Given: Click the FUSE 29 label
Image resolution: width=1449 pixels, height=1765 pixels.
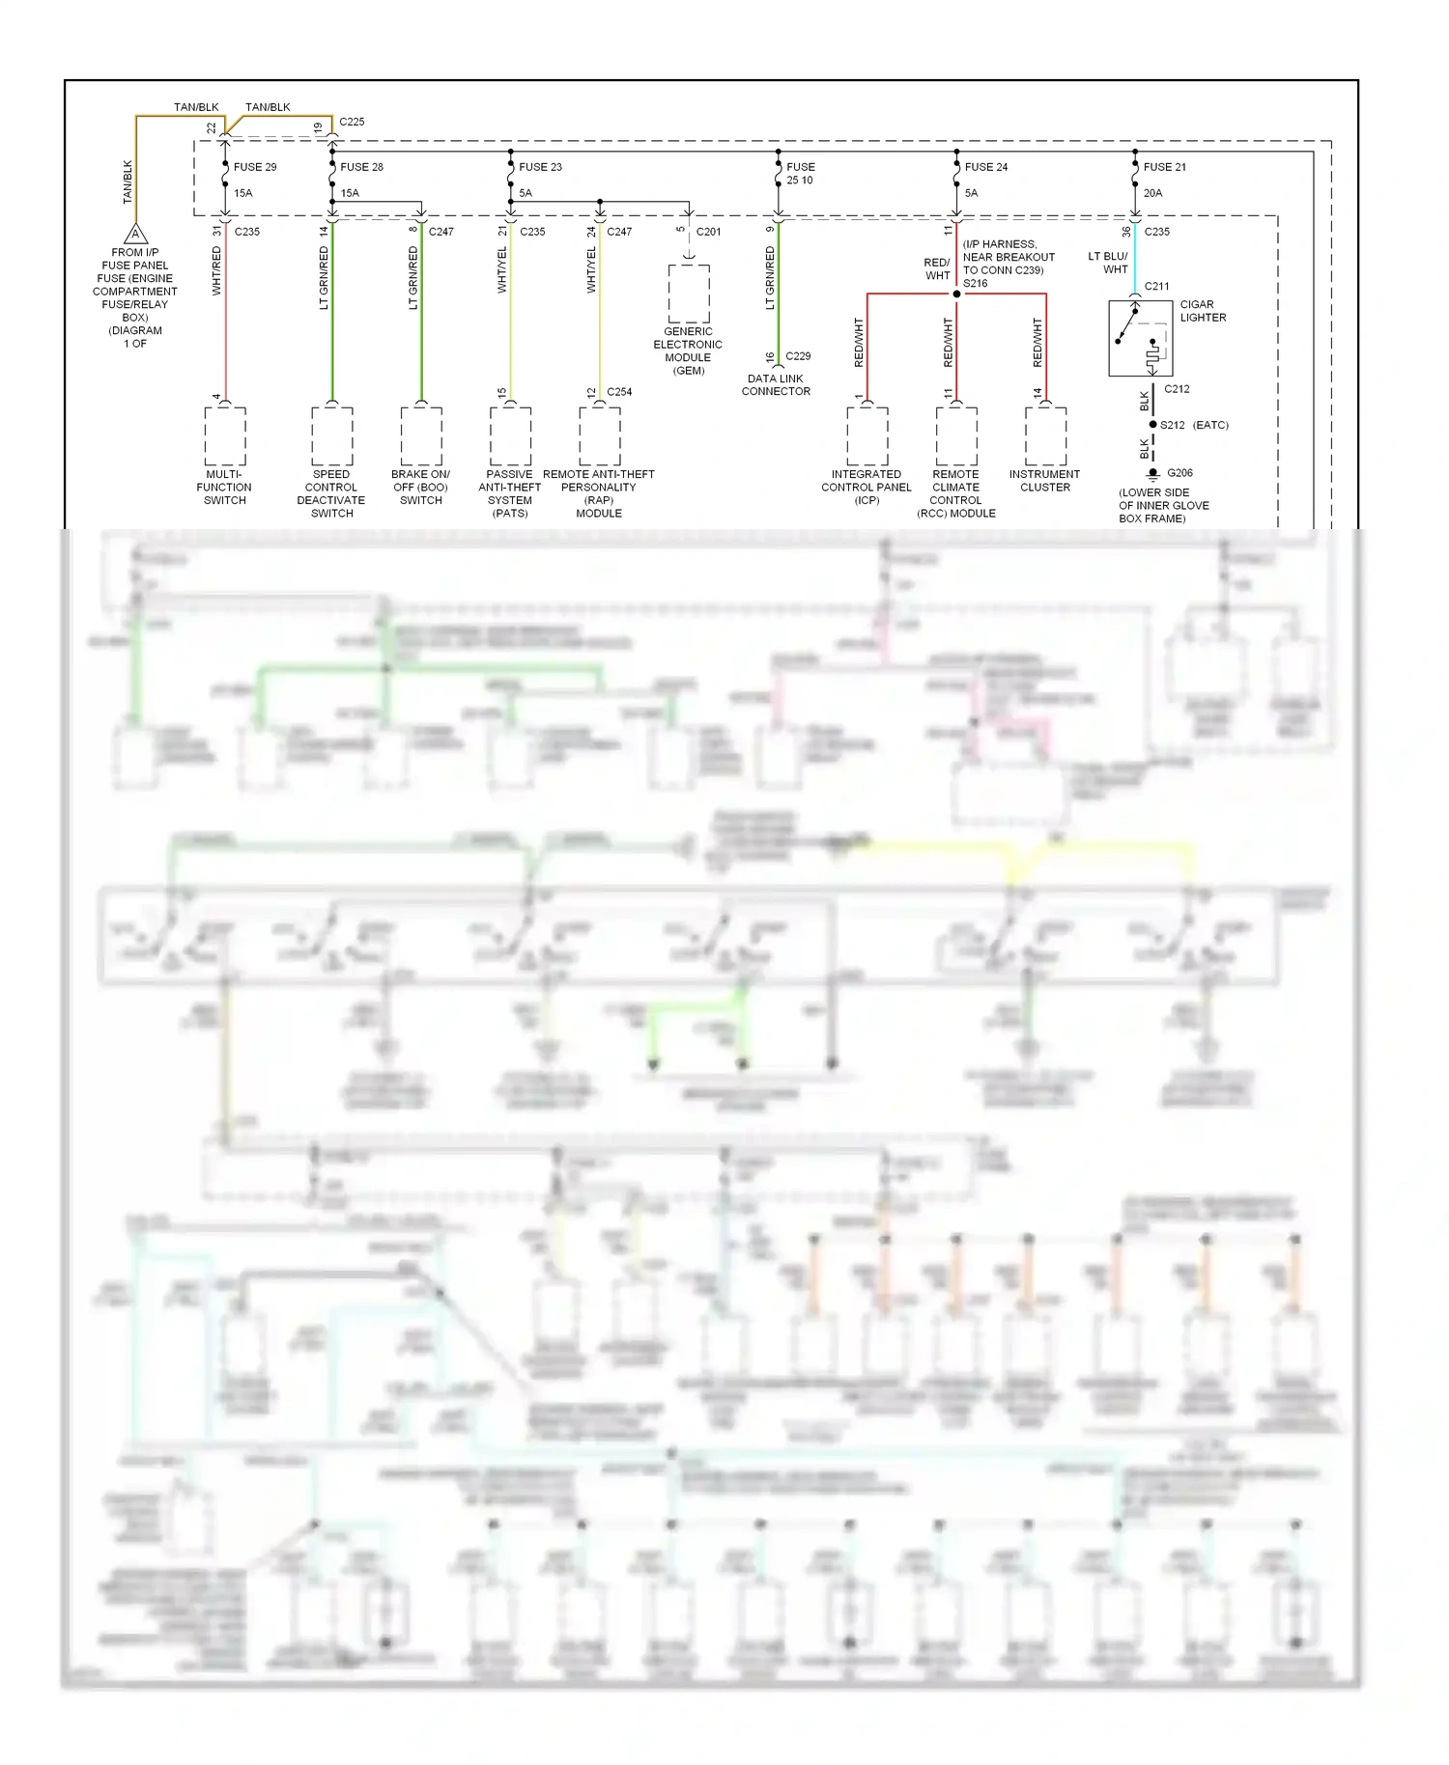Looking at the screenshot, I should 255,167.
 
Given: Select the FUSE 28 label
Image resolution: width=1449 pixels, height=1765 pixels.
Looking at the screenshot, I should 361,167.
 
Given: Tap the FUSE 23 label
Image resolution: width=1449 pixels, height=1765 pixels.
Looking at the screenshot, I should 540,167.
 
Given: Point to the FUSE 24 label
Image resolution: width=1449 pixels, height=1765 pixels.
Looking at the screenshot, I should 985,167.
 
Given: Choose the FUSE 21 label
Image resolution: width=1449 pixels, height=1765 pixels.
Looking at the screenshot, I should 1164,167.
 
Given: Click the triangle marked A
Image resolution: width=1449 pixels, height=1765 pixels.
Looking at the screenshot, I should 136,235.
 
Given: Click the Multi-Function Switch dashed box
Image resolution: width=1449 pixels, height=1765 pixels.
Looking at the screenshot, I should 225,435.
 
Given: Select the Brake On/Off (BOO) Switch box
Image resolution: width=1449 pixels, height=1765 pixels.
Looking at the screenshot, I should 421,435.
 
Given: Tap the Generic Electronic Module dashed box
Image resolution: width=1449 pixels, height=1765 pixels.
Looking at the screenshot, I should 689,294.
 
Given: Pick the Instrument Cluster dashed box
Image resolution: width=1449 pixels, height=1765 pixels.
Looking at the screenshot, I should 1045,435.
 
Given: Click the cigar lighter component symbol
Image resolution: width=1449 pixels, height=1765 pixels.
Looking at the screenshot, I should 1140,338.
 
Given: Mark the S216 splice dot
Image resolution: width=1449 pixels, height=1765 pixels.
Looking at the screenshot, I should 956,294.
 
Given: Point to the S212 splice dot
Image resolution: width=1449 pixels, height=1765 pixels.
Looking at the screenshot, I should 1152,425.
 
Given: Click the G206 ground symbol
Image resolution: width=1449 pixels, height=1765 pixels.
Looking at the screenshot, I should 1152,474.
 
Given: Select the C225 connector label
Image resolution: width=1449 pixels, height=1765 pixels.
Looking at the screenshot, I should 352,122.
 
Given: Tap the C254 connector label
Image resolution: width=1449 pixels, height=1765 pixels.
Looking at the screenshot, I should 619,392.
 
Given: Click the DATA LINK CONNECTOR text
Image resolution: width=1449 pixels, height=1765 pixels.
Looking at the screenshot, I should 776,385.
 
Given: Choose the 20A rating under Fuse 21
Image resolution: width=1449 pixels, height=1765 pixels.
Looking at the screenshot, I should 1152,193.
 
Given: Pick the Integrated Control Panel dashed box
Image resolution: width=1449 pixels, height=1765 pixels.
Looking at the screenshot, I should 867,435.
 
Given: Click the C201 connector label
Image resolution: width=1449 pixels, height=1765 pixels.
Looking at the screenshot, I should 708,232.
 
